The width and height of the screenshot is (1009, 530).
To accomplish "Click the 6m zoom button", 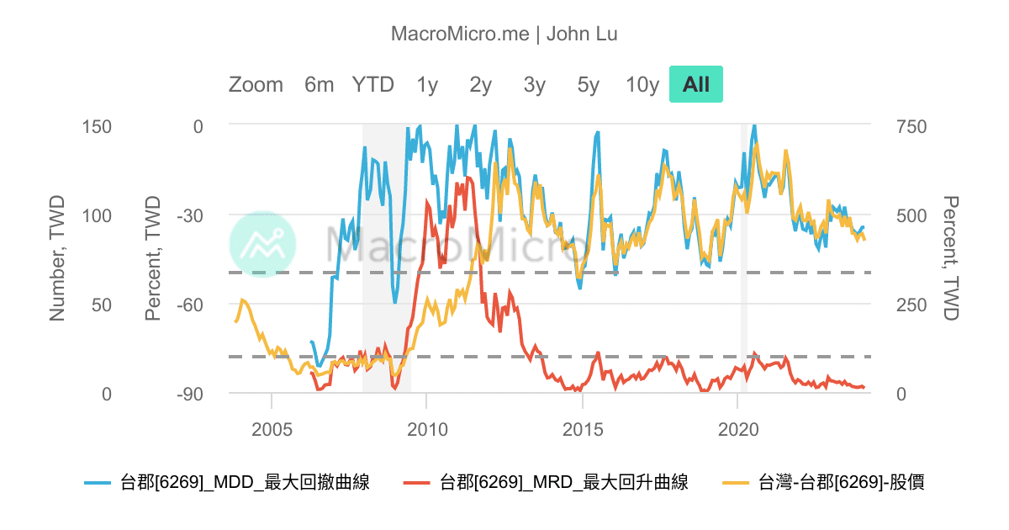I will [x=320, y=85].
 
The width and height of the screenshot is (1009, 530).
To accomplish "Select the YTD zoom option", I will [x=372, y=85].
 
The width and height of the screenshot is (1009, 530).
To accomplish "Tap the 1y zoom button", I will [x=427, y=85].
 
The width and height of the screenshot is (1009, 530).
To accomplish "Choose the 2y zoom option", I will [x=481, y=85].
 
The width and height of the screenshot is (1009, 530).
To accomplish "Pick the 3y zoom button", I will [x=535, y=85].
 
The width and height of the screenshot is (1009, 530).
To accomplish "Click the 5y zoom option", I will [x=589, y=85].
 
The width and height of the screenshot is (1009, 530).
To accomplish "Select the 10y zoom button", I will [x=642, y=85].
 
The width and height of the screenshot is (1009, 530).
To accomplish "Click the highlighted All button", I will [x=696, y=85].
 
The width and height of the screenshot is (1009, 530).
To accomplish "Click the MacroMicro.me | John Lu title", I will [x=504, y=34].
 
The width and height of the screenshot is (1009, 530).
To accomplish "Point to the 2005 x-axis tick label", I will [x=272, y=428].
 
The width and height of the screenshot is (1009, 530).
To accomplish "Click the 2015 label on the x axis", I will [x=582, y=428].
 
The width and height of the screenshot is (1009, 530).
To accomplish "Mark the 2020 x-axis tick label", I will [x=737, y=428].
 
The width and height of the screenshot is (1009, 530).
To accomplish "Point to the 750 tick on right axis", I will [x=910, y=126].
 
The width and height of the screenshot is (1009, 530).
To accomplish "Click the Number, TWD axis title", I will [x=57, y=260].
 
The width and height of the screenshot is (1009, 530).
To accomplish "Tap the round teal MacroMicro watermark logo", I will [x=262, y=245].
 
